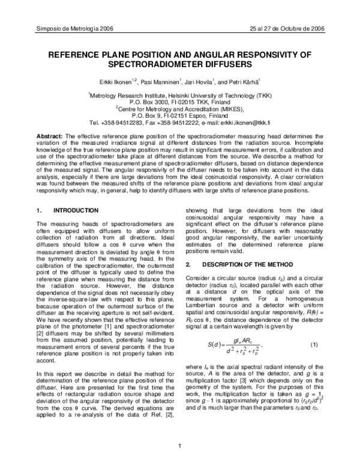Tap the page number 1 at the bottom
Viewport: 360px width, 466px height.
coord(180,445)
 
